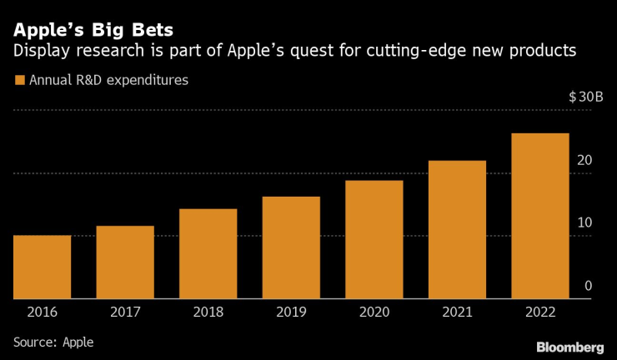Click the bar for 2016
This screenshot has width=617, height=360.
pos(42,267)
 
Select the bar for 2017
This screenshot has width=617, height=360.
pos(125,262)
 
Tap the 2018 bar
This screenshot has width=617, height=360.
pos(208,253)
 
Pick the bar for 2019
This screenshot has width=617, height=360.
pos(291,247)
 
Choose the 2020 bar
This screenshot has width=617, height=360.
pos(374,239)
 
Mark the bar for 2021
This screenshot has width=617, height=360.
pos(457,229)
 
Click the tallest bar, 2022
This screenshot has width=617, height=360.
pos(540,216)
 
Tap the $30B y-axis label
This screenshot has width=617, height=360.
pos(586,97)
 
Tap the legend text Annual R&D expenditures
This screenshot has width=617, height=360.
pos(108,81)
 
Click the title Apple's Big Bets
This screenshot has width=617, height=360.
pos(93,30)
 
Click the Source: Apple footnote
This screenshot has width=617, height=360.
pos(53,342)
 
